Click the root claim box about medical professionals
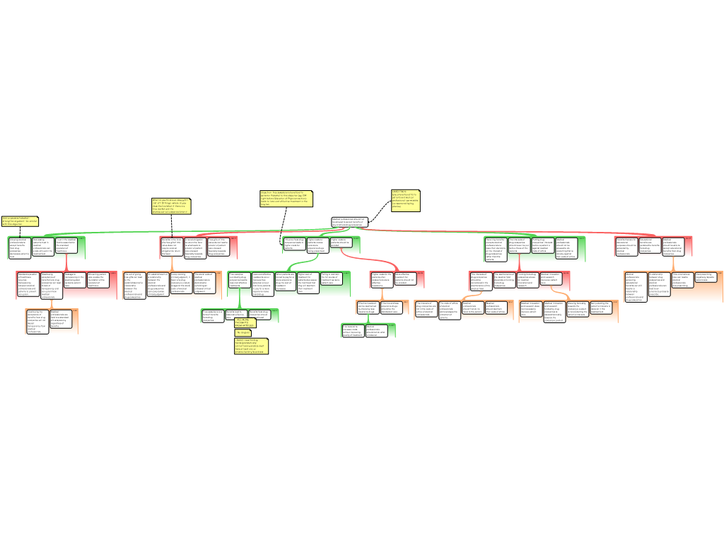349,222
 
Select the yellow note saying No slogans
243,332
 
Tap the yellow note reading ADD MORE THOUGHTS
243,322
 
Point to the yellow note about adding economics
20,221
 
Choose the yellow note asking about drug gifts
170,205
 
